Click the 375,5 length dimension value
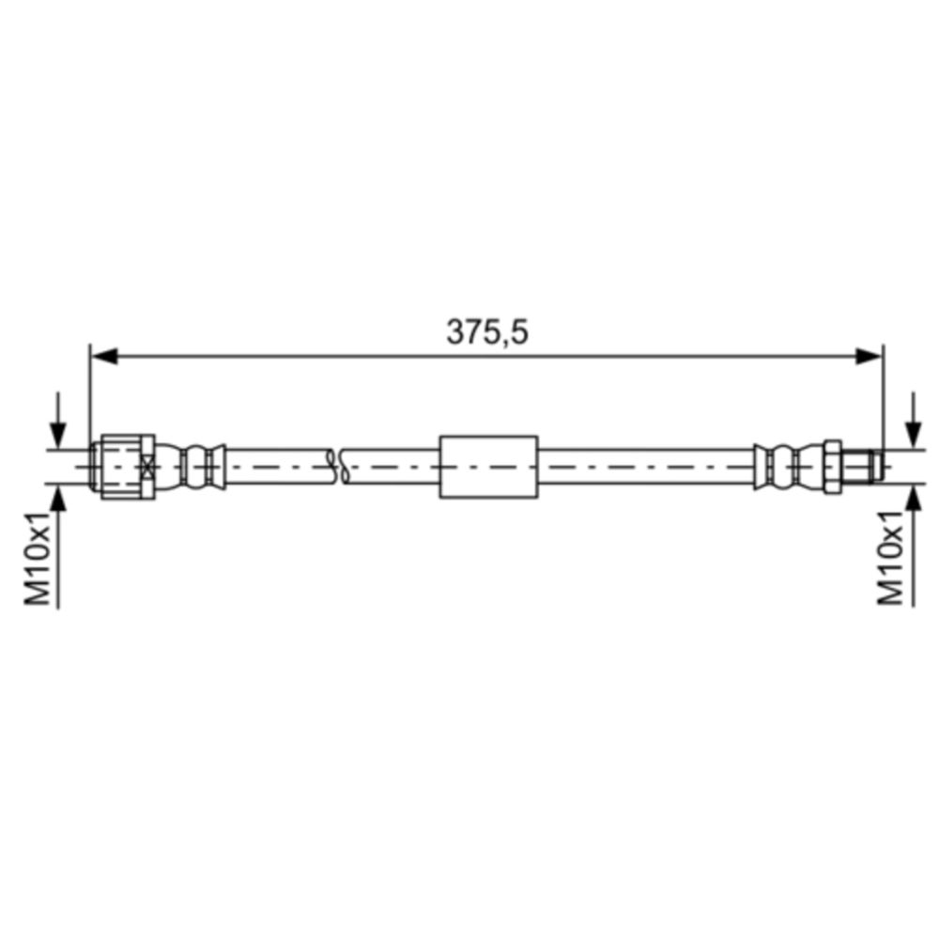487,331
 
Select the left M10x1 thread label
38,558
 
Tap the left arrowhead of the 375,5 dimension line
101,356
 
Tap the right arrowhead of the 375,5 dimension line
870,356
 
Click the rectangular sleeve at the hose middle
488,466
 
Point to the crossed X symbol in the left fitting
146,466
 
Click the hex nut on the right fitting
832,466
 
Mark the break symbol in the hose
337,466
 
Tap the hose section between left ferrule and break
277,466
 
